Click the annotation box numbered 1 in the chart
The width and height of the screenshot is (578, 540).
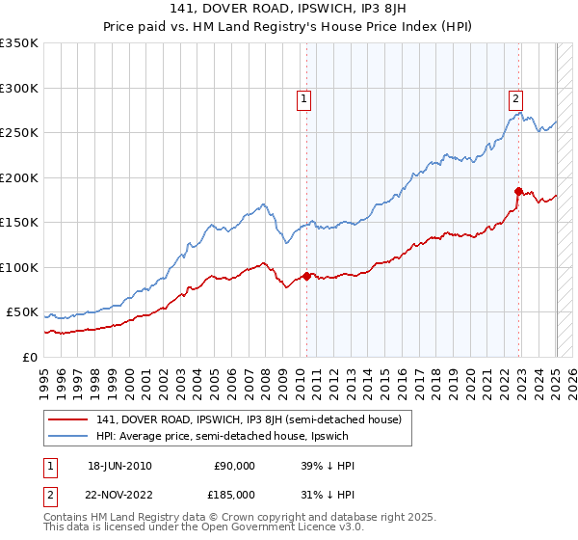[303, 96]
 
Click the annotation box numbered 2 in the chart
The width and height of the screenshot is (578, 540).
[515, 96]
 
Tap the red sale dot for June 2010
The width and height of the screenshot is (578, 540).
[307, 276]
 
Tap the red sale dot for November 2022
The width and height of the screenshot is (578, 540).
[518, 191]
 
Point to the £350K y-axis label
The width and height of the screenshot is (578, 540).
[18, 43]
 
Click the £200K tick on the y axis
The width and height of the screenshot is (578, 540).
[18, 177]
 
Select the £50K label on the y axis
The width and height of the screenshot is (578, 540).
[22, 312]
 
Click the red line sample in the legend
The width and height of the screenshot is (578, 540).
[68, 419]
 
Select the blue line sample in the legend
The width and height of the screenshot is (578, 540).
[68, 436]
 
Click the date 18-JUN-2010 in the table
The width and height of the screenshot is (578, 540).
[119, 466]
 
